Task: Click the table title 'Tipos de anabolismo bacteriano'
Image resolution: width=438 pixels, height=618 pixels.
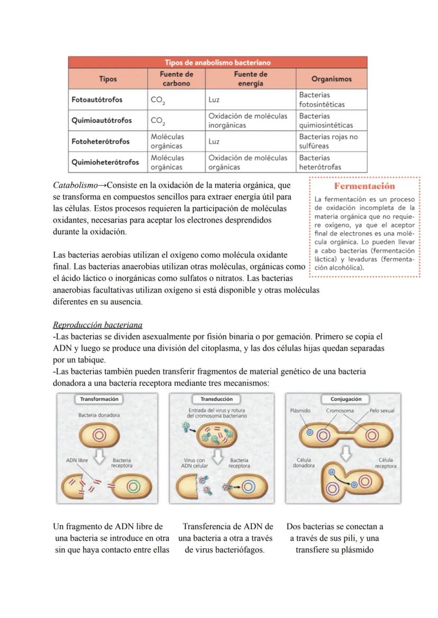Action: (x=217, y=63)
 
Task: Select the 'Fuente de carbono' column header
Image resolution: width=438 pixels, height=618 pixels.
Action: (x=176, y=79)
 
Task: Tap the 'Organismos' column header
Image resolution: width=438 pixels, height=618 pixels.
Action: (x=331, y=79)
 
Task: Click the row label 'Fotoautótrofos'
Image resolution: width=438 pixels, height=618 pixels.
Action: (x=97, y=99)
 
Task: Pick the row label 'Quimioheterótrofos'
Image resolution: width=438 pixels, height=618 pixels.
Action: (x=105, y=162)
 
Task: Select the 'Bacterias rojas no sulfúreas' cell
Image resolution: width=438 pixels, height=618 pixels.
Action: (x=328, y=141)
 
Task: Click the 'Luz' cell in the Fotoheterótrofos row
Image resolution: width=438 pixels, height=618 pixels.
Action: (x=214, y=142)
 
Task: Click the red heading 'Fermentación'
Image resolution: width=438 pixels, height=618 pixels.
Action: (x=364, y=186)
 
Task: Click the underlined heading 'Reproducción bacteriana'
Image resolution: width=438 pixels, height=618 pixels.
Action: (x=97, y=325)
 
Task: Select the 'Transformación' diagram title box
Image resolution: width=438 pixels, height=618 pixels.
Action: (x=99, y=399)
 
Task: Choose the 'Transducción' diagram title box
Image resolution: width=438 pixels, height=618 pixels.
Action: (x=216, y=399)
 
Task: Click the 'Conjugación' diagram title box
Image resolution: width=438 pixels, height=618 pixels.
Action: (x=345, y=399)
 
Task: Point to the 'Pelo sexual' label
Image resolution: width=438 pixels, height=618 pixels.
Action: (x=381, y=410)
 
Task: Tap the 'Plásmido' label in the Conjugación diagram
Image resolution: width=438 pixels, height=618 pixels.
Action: (x=300, y=410)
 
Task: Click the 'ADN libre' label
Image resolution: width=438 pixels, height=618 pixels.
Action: (x=77, y=460)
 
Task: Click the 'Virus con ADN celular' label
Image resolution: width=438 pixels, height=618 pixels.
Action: (x=193, y=463)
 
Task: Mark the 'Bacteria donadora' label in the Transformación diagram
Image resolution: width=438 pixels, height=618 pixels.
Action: (x=99, y=415)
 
